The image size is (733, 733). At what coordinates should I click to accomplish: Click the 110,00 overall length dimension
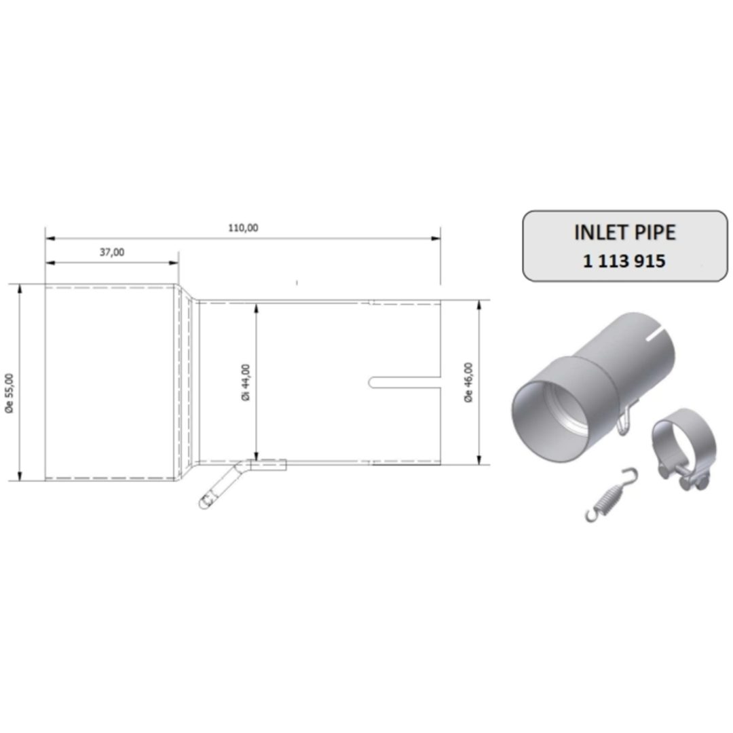pos(243,228)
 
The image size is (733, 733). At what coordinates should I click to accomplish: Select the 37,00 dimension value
pos(112,252)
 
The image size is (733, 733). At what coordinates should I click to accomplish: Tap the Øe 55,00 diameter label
pos(10,393)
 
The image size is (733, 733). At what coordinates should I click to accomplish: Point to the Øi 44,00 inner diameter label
pos(246,382)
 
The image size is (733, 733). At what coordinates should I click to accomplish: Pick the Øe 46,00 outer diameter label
pos(468,382)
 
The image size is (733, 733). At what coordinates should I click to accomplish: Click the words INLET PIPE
pos(625,233)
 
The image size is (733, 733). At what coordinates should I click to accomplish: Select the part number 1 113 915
pos(624,261)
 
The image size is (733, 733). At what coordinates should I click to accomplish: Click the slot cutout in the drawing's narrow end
pos(405,382)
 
